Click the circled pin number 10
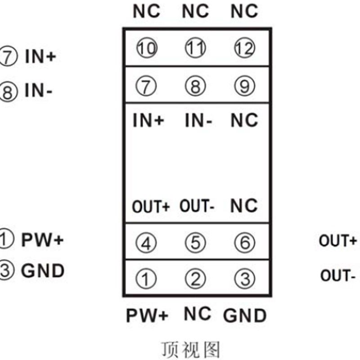pos(147,48)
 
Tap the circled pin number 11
pos(195,48)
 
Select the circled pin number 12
pos(244,48)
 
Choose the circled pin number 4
pos(147,243)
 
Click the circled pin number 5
pos(195,243)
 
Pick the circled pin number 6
pos(244,243)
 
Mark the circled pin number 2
pos(195,279)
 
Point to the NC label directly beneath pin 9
pos(244,121)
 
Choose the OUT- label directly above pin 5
pos(197,206)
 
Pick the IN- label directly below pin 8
pos(198,121)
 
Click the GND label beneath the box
pos(245,315)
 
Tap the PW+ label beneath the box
pos(147,315)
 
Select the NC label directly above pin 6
pos(244,206)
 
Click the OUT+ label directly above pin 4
pos(151,207)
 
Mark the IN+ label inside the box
pos(148,121)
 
